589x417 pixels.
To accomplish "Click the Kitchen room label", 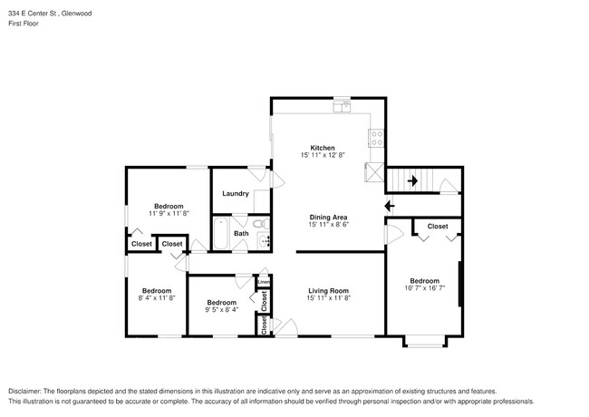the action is coord(323,148).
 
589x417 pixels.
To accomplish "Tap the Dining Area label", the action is coord(328,218).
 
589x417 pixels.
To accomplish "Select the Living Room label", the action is coord(328,291).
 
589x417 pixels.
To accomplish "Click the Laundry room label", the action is coord(236,193).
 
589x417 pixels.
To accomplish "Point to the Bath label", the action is coord(241,233).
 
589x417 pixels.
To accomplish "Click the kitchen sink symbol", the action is coord(342,105).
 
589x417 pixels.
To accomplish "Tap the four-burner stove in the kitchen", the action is coord(376,138).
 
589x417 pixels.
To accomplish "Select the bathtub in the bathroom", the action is coord(221,234).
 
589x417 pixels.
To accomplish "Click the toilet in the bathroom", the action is coord(261,224).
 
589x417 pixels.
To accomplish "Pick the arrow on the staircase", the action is coord(412,180).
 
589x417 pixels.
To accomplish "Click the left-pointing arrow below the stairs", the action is coord(390,206).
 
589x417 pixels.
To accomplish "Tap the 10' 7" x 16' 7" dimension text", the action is coord(424,288).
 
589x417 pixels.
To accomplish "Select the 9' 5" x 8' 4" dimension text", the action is coord(222,309).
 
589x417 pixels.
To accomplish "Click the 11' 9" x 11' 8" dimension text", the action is coord(169,213).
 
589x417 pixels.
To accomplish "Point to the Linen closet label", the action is coord(264,282).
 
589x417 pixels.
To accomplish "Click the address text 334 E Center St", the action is coord(33,14).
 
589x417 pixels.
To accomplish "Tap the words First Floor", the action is coord(24,24).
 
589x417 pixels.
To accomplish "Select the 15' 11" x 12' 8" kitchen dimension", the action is coord(323,155).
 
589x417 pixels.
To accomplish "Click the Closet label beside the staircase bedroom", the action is coord(438,226).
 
